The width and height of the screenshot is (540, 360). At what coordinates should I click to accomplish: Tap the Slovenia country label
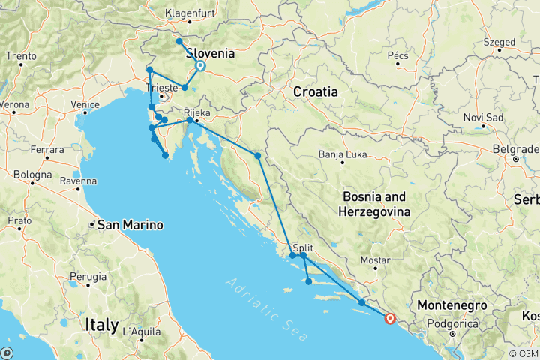210,54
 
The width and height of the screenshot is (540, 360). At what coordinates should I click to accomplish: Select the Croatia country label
315,91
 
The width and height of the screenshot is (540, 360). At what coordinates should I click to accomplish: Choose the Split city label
304,247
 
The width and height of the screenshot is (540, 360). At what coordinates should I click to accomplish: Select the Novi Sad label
484,117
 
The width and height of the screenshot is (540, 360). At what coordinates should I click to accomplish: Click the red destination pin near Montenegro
389,318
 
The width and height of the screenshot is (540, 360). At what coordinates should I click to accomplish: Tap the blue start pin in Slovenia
200,66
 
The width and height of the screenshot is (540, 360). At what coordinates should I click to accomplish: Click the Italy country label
102,325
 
